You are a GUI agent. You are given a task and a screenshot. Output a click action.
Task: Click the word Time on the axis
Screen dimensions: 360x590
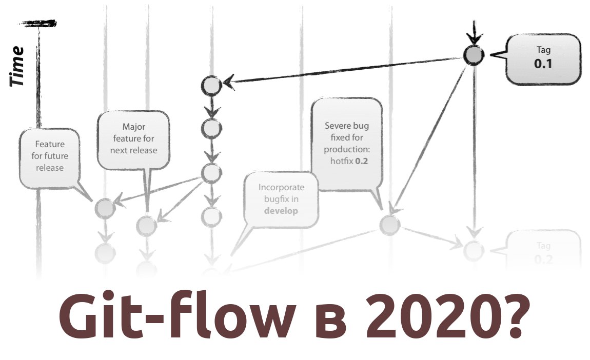pyautogui.click(x=17, y=66)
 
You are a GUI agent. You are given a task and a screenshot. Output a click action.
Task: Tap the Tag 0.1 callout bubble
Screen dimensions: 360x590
pyautogui.click(x=543, y=59)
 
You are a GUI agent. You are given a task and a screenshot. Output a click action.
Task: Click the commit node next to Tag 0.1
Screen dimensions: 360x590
pyautogui.click(x=473, y=55)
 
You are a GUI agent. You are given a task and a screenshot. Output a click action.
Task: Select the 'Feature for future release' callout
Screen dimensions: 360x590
pyautogui.click(x=50, y=156)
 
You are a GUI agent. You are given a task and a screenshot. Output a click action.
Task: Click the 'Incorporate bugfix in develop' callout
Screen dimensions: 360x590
pyautogui.click(x=281, y=199)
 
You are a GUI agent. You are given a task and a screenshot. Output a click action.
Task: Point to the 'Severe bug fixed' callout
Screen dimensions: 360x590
pyautogui.click(x=347, y=143)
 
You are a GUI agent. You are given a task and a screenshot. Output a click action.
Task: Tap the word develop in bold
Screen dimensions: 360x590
pyautogui.click(x=281, y=211)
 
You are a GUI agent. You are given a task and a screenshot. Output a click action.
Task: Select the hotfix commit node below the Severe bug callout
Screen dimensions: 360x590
pyautogui.click(x=389, y=225)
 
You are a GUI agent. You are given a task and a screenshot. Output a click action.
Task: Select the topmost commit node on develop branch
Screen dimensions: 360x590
pyautogui.click(x=211, y=86)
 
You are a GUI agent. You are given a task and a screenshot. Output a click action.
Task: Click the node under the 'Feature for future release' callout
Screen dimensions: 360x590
pyautogui.click(x=105, y=208)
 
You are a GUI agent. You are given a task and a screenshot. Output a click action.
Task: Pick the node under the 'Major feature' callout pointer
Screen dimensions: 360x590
pyautogui.click(x=146, y=225)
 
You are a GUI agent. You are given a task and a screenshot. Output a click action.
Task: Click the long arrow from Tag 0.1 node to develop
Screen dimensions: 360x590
pyautogui.click(x=344, y=70)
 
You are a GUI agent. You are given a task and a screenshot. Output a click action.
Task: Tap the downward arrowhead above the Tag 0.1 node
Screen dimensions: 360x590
pyautogui.click(x=473, y=38)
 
